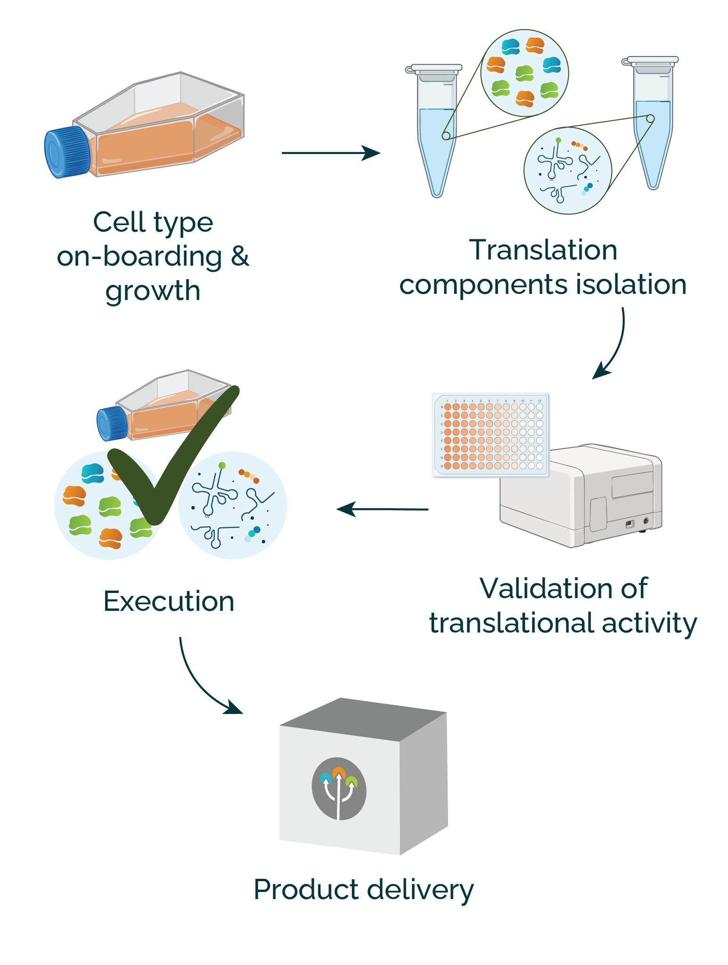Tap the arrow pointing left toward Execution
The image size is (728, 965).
382,509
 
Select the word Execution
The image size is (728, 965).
169,601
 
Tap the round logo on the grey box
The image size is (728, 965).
339,788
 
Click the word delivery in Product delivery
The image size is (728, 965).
419,890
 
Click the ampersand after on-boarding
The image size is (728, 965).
239,257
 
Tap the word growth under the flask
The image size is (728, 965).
153,291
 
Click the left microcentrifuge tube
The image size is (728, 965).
436,132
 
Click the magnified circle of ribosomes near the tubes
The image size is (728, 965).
524,73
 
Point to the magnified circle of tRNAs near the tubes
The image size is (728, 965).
567,170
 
